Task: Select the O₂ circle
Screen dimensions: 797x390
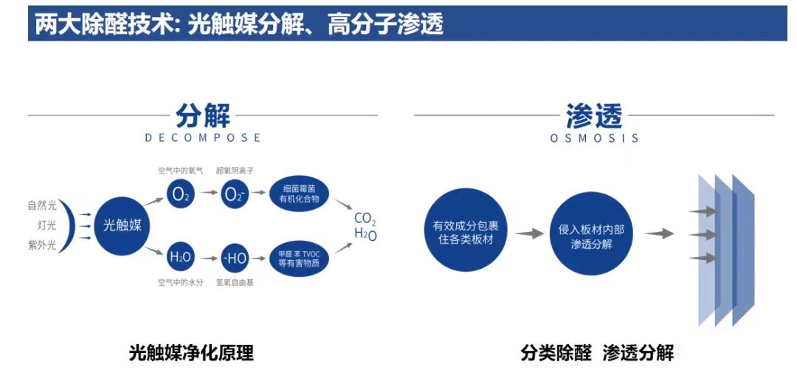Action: click(x=181, y=194)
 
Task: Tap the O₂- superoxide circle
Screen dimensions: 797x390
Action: click(x=234, y=194)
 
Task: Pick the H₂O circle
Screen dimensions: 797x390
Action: click(x=181, y=257)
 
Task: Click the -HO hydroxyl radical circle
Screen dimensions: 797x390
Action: click(x=234, y=257)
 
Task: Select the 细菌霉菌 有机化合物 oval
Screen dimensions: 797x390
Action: click(x=298, y=194)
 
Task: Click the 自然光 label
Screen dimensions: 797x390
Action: click(x=42, y=205)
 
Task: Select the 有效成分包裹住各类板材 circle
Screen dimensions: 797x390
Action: click(x=465, y=230)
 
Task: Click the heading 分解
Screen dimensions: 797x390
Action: click(x=202, y=115)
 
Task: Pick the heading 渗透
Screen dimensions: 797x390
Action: click(x=594, y=115)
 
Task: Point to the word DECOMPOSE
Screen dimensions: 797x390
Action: click(x=203, y=137)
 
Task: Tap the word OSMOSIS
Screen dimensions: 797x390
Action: click(x=594, y=138)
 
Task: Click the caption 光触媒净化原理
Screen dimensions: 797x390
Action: click(x=190, y=353)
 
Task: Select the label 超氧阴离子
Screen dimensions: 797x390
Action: click(x=235, y=170)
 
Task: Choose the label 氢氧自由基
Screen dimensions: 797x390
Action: click(x=235, y=282)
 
